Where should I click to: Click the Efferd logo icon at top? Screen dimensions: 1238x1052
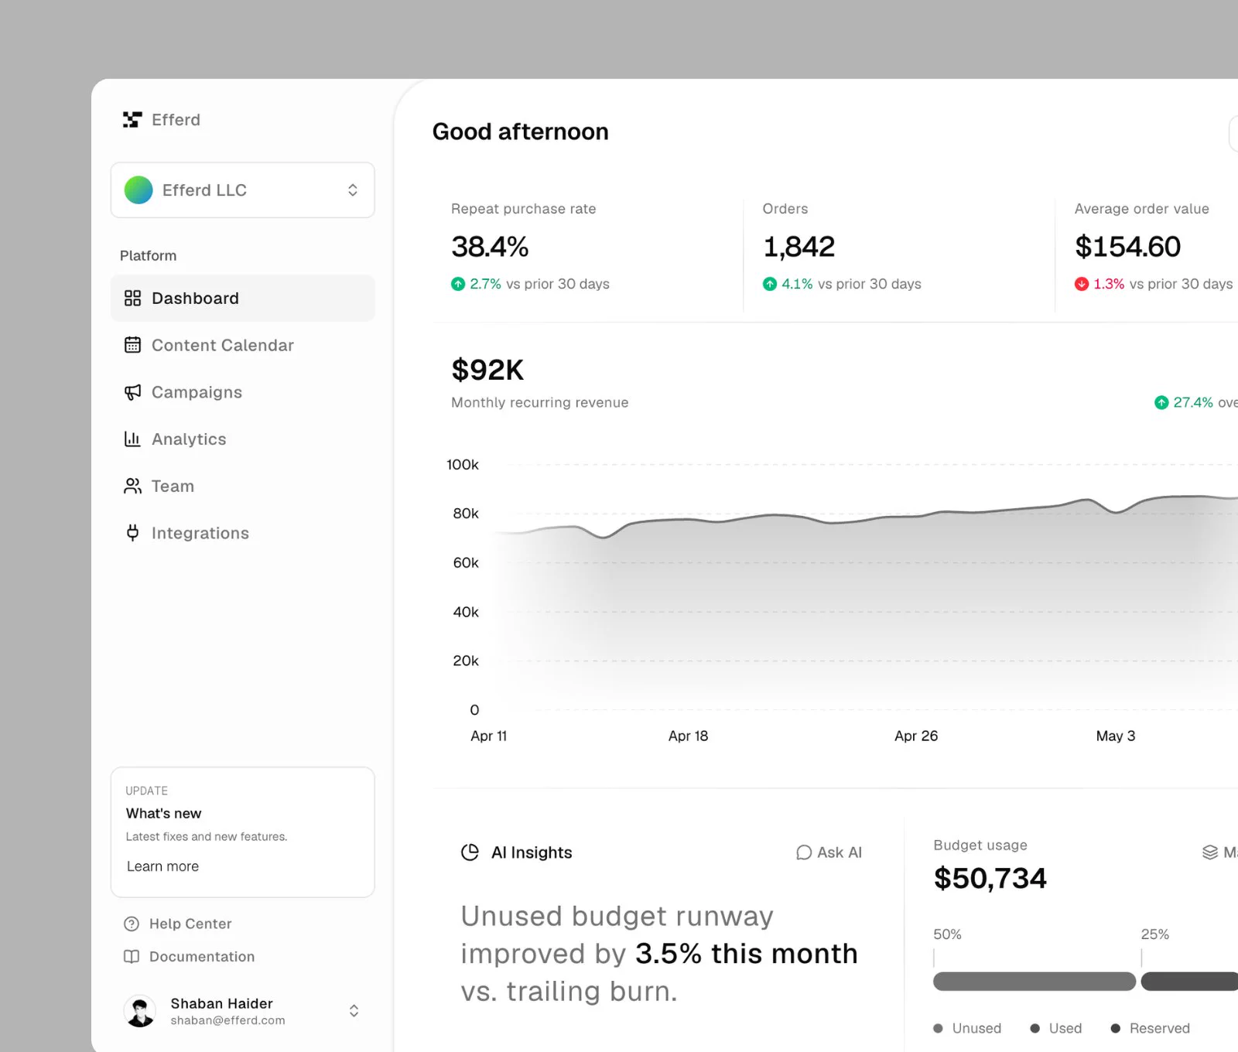pyautogui.click(x=132, y=120)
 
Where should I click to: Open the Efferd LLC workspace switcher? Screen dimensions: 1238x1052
pyautogui.click(x=243, y=190)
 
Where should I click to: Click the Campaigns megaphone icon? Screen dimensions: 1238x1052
pyautogui.click(x=133, y=392)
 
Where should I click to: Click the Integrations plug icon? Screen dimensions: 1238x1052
pyautogui.click(x=133, y=533)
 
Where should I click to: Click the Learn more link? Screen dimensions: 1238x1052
pyautogui.click(x=162, y=866)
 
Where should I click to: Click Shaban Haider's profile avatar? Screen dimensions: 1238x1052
pyautogui.click(x=140, y=1011)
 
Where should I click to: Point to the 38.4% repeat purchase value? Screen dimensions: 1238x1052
pyautogui.click(x=490, y=247)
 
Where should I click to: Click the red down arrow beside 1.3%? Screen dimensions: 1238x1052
pyautogui.click(x=1082, y=284)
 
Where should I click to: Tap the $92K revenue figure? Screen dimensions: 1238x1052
pyautogui.click(x=487, y=370)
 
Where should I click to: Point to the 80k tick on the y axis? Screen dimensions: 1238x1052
pyautogui.click(x=466, y=514)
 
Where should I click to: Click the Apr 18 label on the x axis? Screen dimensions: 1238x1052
pyautogui.click(x=688, y=736)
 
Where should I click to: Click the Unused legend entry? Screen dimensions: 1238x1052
pyautogui.click(x=967, y=1028)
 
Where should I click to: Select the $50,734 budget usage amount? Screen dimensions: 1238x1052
pyautogui.click(x=990, y=879)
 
